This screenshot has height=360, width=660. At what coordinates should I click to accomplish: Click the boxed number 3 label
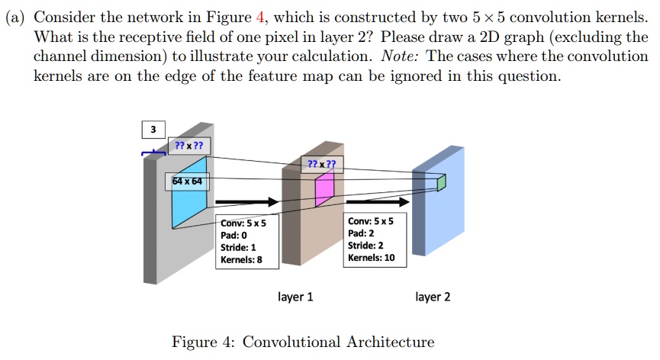153,130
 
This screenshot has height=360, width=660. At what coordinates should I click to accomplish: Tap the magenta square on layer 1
324,190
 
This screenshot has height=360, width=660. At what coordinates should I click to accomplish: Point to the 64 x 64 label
187,182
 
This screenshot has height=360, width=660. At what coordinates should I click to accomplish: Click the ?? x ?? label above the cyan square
188,146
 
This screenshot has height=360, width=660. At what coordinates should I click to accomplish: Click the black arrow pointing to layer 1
247,202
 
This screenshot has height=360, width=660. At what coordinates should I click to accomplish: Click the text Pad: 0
233,236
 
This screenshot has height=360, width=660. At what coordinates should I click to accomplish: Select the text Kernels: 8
241,260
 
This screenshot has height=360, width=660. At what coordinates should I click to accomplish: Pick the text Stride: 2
365,246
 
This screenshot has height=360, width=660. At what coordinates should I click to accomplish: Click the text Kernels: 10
371,258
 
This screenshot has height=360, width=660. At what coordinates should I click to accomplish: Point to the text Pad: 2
360,233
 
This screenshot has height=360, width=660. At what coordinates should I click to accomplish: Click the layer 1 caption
295,297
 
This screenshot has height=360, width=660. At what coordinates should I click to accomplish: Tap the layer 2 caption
433,297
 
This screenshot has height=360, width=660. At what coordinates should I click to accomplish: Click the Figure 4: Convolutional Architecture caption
303,342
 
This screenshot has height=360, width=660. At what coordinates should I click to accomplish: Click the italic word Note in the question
399,56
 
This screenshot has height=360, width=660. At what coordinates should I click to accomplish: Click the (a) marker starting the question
16,16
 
